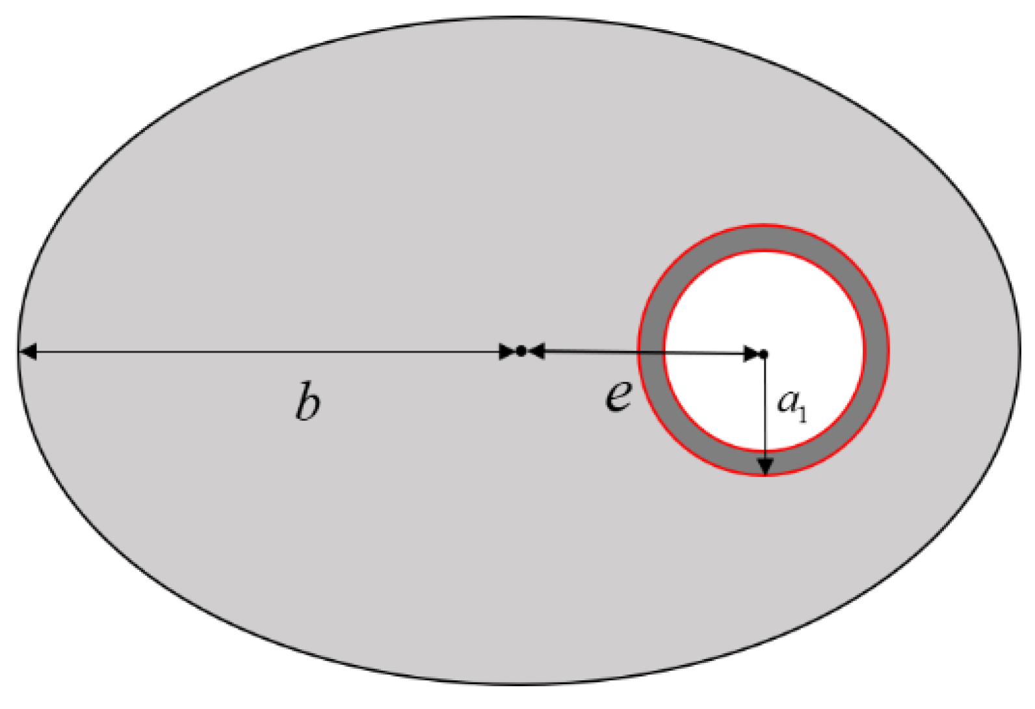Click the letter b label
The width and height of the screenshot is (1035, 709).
point(308,403)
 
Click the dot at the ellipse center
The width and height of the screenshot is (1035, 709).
point(521,351)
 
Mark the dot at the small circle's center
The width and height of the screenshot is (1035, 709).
point(764,354)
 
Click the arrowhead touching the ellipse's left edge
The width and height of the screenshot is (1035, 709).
point(27,352)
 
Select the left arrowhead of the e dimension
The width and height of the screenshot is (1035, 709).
point(536,352)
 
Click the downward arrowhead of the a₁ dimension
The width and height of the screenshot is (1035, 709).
point(766,466)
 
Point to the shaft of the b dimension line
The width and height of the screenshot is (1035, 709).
point(260,352)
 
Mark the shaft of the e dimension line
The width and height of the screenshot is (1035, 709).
point(598,353)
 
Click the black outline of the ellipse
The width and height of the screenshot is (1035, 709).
point(520,18)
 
